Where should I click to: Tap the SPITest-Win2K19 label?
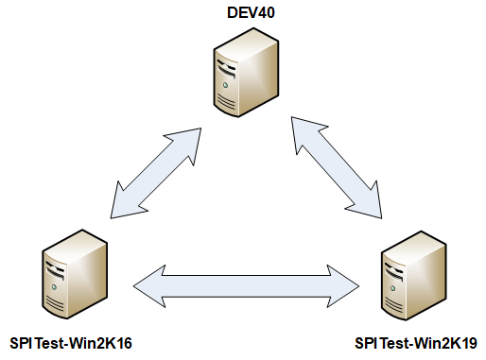[415, 342]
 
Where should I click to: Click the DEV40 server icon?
[245, 71]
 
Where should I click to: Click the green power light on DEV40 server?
[227, 86]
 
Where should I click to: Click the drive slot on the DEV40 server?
[227, 66]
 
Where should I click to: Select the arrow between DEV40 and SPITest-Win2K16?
[157, 169]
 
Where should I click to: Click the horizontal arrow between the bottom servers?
[248, 283]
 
